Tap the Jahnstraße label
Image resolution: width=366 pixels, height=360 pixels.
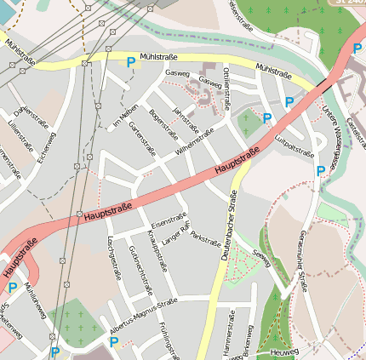(183, 119)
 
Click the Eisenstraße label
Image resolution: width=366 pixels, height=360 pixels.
(169, 220)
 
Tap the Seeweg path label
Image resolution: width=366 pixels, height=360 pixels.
(265, 255)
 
